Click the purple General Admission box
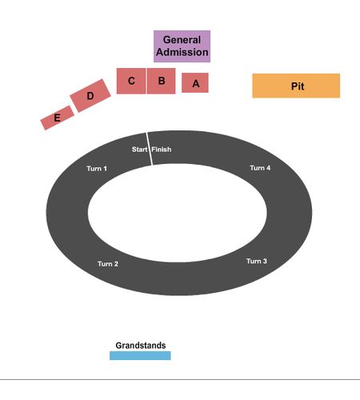pyautogui.click(x=182, y=46)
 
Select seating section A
pyautogui.click(x=195, y=83)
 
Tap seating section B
pyautogui.click(x=162, y=81)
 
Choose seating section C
pyautogui.click(x=131, y=81)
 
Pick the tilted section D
pyautogui.click(x=90, y=95)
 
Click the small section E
pyautogui.click(x=58, y=118)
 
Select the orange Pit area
pyautogui.click(x=296, y=86)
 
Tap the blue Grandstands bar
pyautogui.click(x=140, y=356)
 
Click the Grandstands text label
pyautogui.click(x=141, y=346)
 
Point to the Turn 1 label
pyautogui.click(x=97, y=169)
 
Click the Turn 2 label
pyautogui.click(x=108, y=264)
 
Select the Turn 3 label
pyautogui.click(x=257, y=261)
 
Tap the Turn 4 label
pyautogui.click(x=260, y=168)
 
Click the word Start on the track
pyautogui.click(x=140, y=150)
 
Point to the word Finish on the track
pyautogui.click(x=162, y=150)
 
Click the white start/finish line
pyautogui.click(x=150, y=149)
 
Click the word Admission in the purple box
pyautogui.click(x=182, y=52)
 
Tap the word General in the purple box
pyautogui.click(x=182, y=40)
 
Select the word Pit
pyautogui.click(x=298, y=86)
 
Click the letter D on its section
pyautogui.click(x=90, y=96)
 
